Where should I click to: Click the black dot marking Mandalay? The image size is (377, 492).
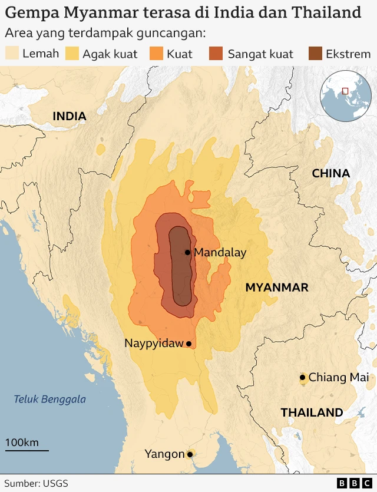(x=187, y=252)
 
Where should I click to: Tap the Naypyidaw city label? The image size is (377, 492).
(x=154, y=344)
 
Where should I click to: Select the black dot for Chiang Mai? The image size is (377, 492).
(x=302, y=377)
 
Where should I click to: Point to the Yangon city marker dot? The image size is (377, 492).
(x=190, y=454)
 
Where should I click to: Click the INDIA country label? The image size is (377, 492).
(x=70, y=117)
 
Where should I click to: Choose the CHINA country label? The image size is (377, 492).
(x=330, y=173)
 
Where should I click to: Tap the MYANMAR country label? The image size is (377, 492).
(x=277, y=288)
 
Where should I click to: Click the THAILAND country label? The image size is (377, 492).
(x=312, y=412)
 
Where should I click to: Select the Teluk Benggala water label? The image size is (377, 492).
(x=50, y=399)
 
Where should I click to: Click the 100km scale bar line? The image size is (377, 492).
(x=27, y=451)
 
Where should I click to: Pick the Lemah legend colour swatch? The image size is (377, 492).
(x=12, y=54)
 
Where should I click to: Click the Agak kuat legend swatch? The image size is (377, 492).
(x=72, y=54)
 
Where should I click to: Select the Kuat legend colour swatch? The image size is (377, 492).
(x=156, y=54)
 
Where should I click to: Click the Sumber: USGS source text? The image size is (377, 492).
(x=37, y=483)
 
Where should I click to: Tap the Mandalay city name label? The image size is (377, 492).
(x=220, y=252)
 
